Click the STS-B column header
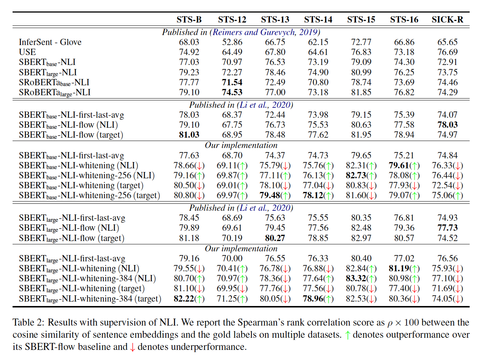(x=189, y=20)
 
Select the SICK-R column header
(x=447, y=20)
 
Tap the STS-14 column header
(x=318, y=20)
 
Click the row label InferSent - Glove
(x=50, y=42)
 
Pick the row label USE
(x=27, y=52)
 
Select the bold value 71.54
(x=232, y=82)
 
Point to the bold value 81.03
(x=189, y=135)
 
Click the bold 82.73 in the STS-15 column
(x=356, y=175)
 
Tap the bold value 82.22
(x=184, y=299)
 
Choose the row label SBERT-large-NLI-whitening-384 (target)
(x=90, y=299)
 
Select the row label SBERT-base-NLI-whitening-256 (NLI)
(x=87, y=175)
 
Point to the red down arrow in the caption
(x=132, y=347)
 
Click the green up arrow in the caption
(x=347, y=335)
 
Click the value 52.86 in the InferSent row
(x=232, y=42)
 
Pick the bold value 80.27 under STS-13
(x=275, y=238)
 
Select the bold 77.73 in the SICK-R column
(x=447, y=228)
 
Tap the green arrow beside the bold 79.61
(x=415, y=166)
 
